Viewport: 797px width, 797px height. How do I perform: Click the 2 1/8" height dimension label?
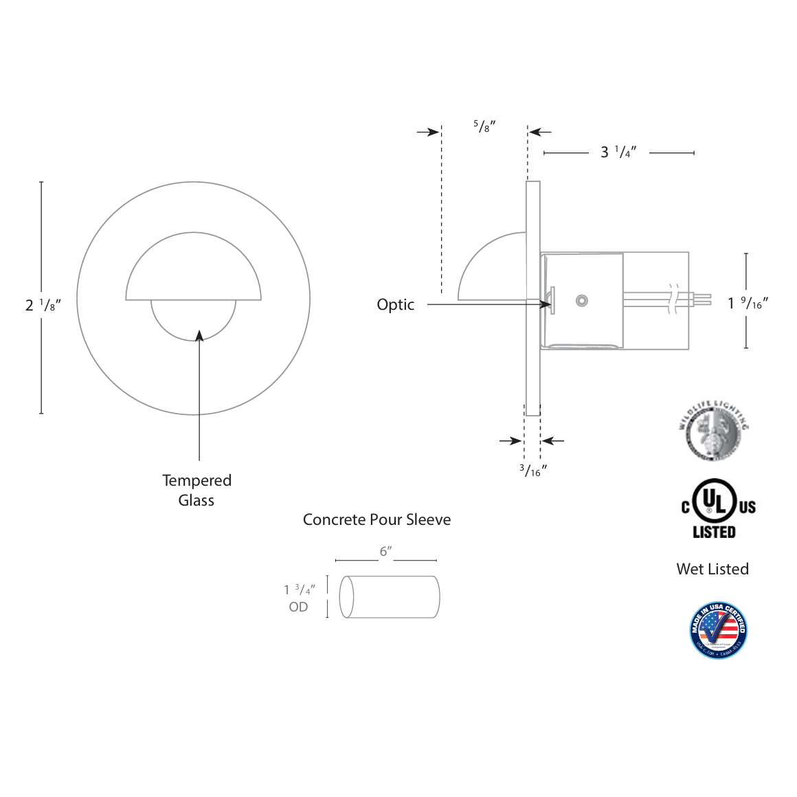point(43,305)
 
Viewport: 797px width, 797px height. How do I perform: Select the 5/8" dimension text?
point(484,126)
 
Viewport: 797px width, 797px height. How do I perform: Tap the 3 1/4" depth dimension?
point(618,152)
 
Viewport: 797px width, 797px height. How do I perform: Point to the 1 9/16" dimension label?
point(748,302)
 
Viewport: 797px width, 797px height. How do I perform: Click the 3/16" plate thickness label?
point(532,471)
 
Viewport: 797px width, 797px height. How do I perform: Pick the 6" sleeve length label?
point(385,552)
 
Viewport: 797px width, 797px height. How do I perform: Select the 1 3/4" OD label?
point(299,598)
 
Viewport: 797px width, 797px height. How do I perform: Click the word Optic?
point(395,304)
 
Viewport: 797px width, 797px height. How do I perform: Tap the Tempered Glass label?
point(197,490)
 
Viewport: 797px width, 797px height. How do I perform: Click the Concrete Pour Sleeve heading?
point(377,519)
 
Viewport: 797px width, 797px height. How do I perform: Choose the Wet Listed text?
point(712,569)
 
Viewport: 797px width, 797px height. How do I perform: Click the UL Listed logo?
point(715,509)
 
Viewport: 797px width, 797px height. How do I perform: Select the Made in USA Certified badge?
point(718,630)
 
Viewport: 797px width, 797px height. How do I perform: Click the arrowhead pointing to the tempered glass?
point(199,335)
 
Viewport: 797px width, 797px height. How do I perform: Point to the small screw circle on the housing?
point(582,300)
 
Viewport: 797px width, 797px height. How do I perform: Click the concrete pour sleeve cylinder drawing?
point(390,597)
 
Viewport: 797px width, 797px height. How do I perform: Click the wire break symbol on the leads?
point(673,299)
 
